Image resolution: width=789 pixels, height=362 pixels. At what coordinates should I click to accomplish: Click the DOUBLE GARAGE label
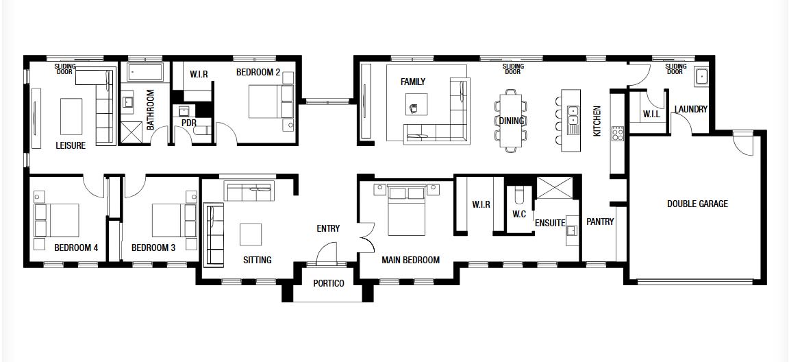coord(697,204)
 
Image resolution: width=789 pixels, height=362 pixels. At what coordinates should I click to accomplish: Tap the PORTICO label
coord(329,283)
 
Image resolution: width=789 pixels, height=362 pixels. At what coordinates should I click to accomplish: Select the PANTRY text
coord(600,221)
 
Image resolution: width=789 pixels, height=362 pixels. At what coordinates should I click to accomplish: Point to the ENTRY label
coord(328,228)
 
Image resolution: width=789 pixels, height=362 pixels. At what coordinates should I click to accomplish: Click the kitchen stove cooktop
coord(617,133)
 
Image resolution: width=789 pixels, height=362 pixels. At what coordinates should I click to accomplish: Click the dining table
coord(511,120)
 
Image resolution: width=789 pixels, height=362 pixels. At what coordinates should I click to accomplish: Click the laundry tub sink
coord(701,76)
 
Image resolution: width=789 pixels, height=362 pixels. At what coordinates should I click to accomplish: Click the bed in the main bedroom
coord(408,210)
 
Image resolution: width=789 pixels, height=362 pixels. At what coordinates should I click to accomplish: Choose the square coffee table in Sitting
coord(251,234)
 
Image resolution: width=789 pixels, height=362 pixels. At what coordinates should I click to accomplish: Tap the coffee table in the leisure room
coord(71,117)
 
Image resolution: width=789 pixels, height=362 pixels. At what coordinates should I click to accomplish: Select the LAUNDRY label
coord(691,109)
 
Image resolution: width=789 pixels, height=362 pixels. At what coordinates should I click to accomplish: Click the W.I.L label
coord(651,114)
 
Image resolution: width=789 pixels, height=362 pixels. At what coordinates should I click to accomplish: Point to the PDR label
coord(189,123)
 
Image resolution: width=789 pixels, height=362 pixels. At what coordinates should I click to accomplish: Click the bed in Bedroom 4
coord(56,220)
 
